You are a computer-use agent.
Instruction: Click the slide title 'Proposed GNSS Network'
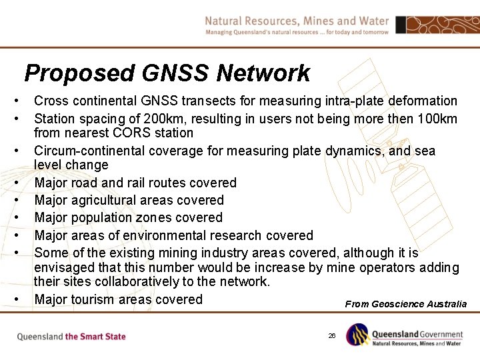[x=167, y=73]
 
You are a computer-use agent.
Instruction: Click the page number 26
[x=331, y=335]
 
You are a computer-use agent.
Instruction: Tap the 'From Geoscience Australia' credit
[x=405, y=304]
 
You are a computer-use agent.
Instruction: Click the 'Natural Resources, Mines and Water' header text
[x=297, y=21]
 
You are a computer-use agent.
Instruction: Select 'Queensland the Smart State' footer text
[x=71, y=337]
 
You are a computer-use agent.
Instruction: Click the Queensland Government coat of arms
[x=357, y=335]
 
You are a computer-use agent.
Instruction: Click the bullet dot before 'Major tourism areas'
[x=17, y=299]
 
